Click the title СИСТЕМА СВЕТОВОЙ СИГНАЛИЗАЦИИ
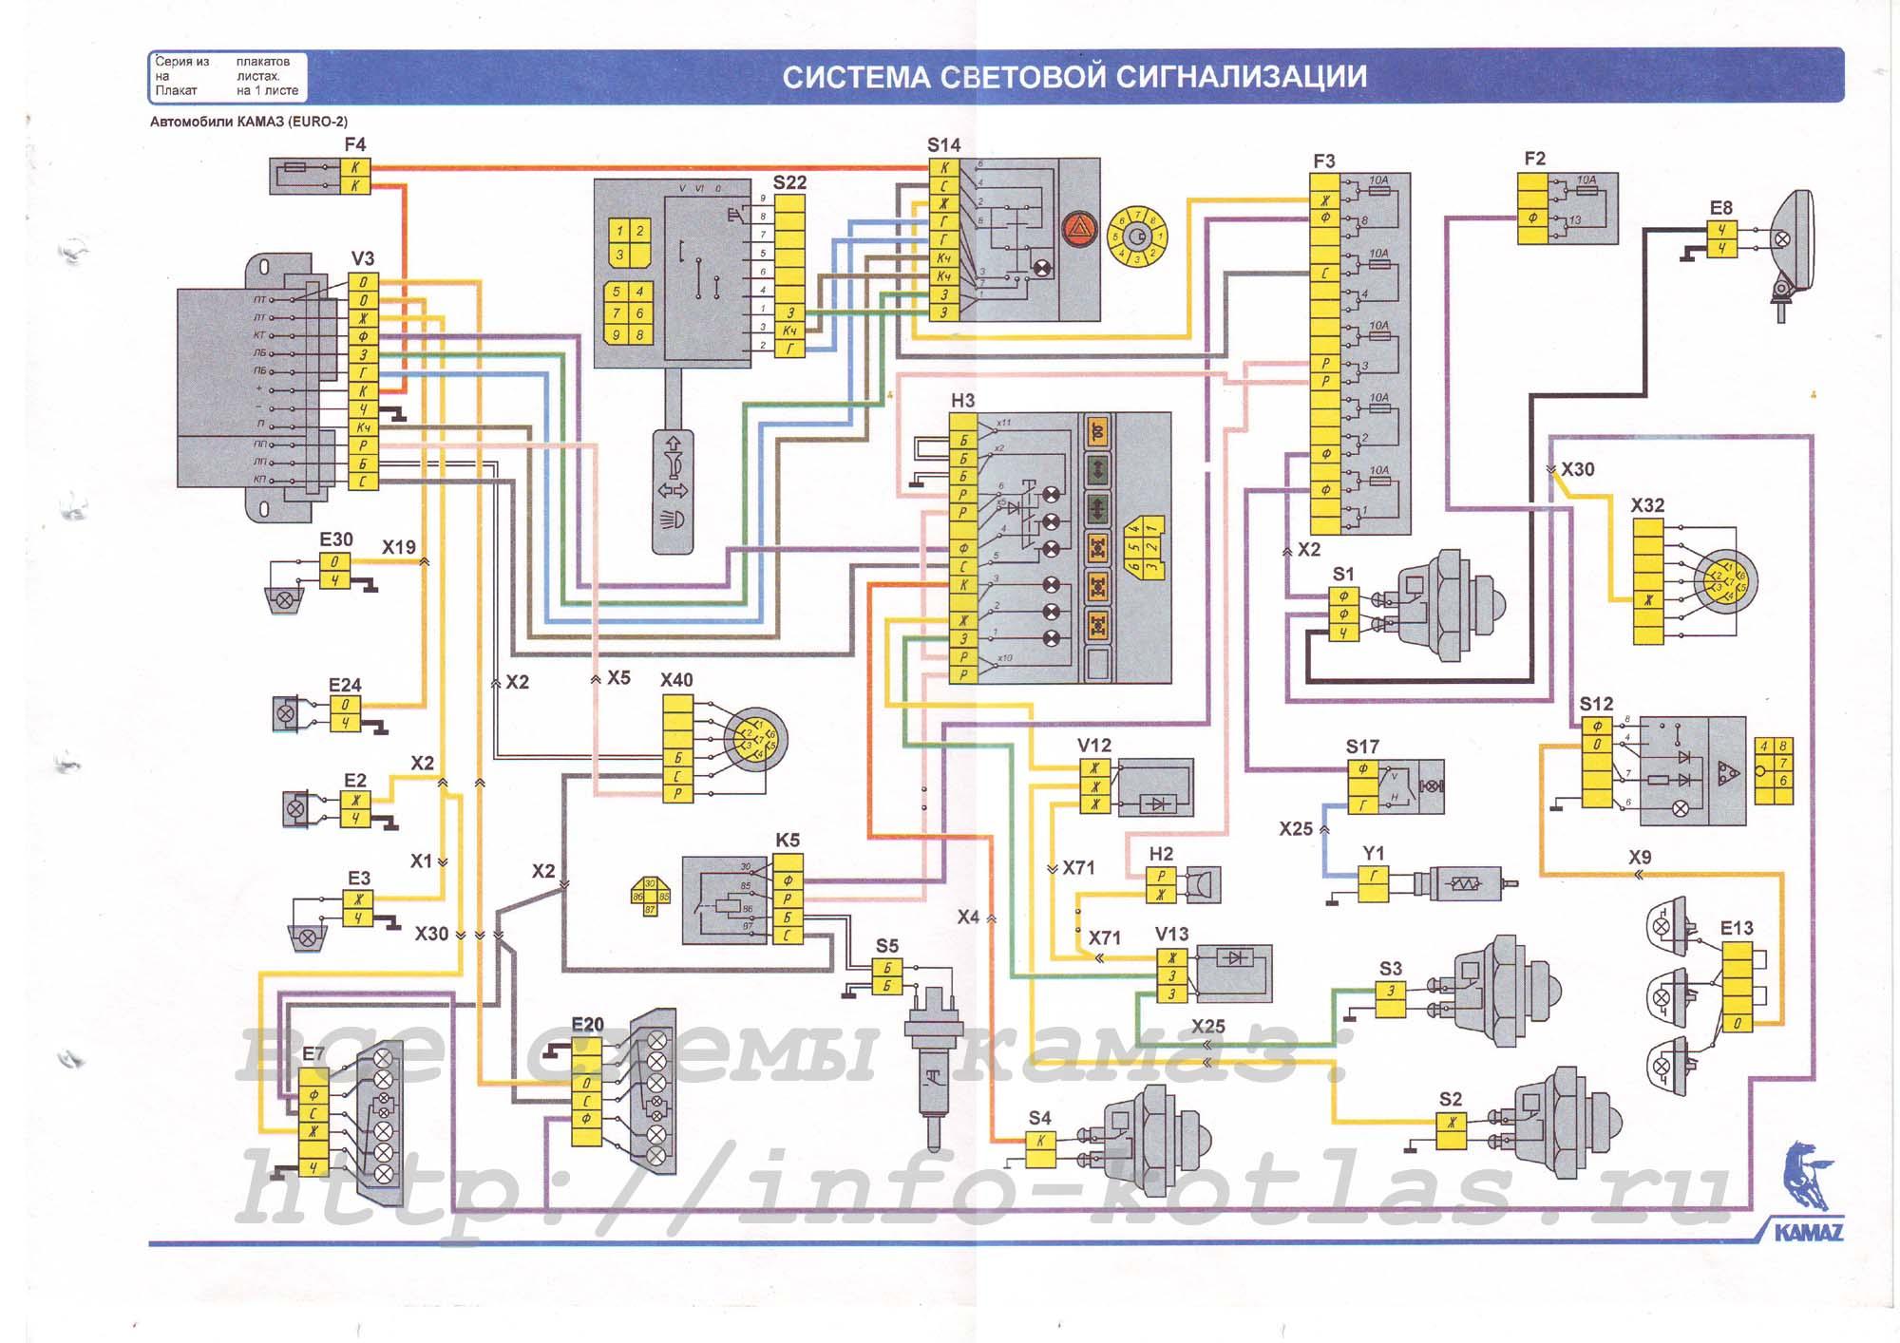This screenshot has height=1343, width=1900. point(1074,77)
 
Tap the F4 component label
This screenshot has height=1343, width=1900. point(354,144)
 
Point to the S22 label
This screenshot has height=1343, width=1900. point(789,182)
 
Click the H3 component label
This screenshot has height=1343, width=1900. point(962,401)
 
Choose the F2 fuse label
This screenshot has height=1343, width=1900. point(1534,159)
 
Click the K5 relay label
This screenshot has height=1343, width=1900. point(788,841)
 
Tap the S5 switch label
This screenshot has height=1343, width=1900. point(886,946)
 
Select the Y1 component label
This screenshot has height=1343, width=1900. point(1373,853)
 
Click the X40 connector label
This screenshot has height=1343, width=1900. point(676,680)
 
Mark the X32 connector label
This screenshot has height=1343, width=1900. point(1647,505)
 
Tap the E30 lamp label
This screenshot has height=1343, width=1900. point(335,539)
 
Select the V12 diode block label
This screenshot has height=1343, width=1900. point(1093,746)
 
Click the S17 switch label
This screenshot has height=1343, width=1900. point(1362,747)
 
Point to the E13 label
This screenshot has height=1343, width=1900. point(1737,928)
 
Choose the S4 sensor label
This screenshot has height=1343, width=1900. point(1039,1118)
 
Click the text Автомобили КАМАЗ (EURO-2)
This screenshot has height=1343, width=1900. point(249,122)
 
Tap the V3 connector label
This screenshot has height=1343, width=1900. point(363,258)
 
